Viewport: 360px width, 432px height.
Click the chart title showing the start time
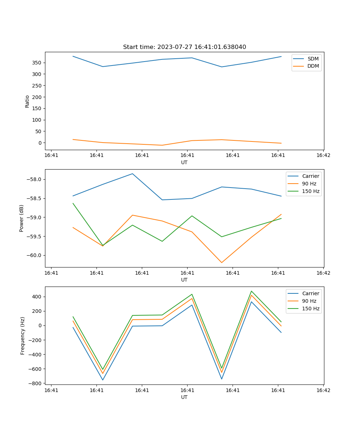(x=184, y=47)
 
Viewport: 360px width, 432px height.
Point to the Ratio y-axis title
(x=27, y=101)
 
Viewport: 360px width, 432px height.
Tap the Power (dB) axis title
(x=22, y=218)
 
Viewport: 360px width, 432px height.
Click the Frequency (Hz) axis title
(x=22, y=336)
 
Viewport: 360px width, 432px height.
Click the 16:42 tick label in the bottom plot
(x=323, y=390)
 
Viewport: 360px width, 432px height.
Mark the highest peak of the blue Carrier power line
(x=132, y=174)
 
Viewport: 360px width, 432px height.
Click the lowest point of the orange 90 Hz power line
(x=221, y=262)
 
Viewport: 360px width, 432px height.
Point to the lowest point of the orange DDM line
(x=162, y=145)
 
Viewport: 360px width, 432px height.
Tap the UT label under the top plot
(x=184, y=162)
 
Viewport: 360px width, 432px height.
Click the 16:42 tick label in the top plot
(x=323, y=156)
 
